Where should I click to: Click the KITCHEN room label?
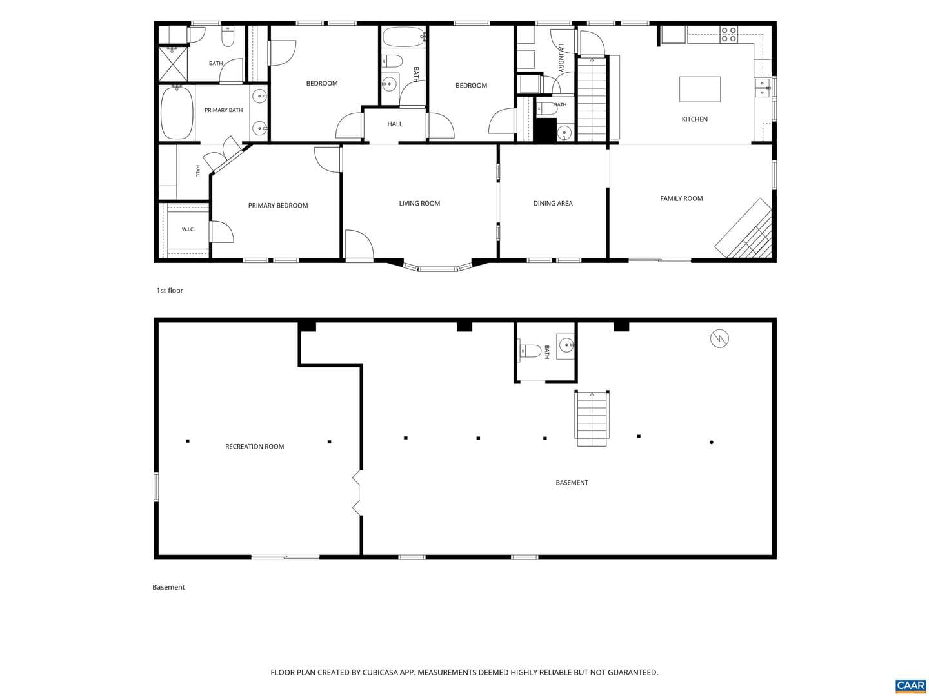[694, 119]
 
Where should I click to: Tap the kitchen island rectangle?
[699, 89]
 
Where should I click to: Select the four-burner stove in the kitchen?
[728, 34]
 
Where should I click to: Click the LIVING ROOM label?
[419, 203]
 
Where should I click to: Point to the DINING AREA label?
[552, 203]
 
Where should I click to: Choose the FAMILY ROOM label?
[681, 198]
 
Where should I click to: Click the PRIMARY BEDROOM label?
[277, 206]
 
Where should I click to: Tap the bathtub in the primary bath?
[177, 113]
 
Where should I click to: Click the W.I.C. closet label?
[188, 229]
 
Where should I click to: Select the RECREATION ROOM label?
[254, 446]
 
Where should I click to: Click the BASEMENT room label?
[572, 483]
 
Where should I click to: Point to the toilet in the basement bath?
[530, 351]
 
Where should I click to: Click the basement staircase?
[592, 418]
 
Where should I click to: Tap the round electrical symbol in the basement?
[719, 338]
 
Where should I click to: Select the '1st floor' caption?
[170, 290]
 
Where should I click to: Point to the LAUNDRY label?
[561, 58]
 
